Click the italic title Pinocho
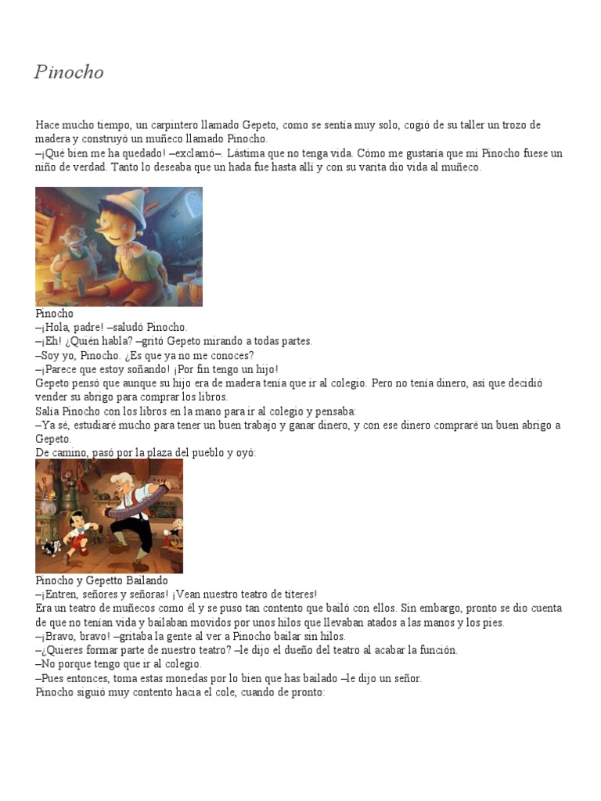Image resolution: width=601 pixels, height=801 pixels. point(69,73)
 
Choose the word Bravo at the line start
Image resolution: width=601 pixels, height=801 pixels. point(58,637)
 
